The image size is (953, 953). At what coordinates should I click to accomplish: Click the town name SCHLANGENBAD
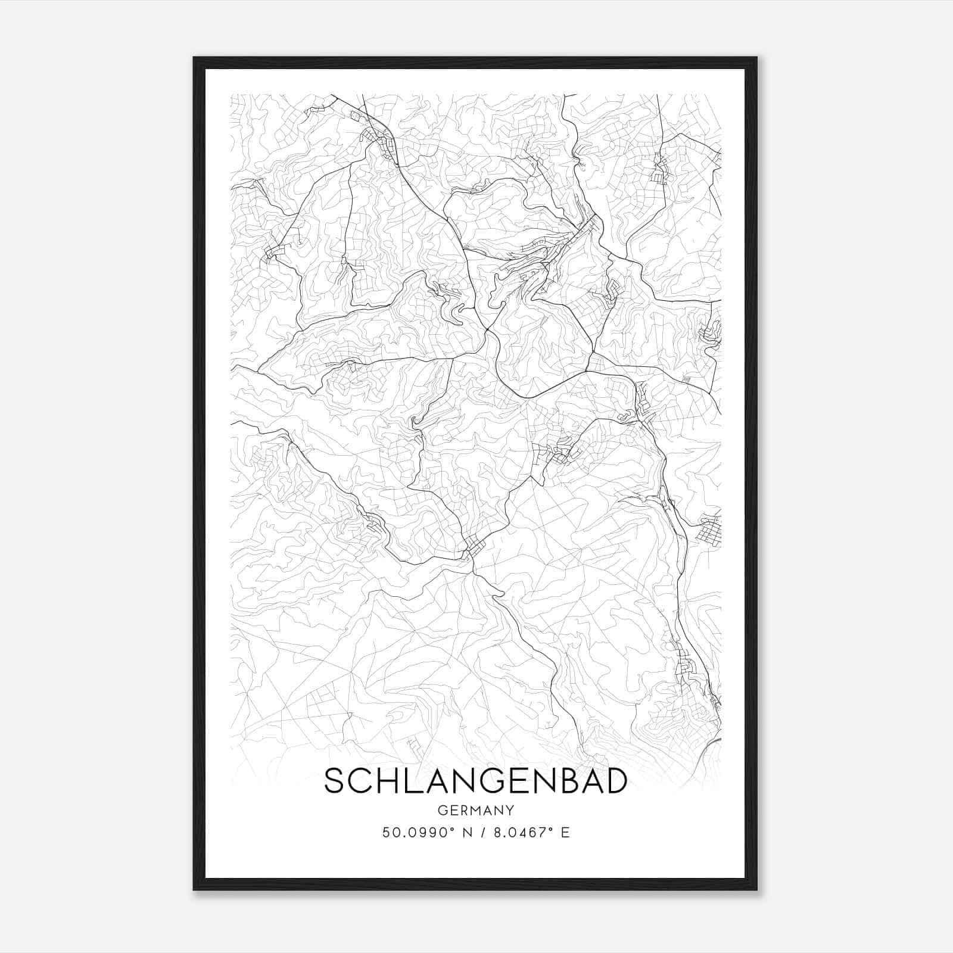tap(475, 781)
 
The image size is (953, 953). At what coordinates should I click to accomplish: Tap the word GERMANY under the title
tap(475, 810)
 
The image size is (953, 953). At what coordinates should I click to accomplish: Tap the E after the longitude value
tap(565, 833)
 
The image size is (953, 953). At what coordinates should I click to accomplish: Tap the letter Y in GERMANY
tap(510, 810)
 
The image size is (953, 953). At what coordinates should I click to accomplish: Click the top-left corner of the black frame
tap(194, 58)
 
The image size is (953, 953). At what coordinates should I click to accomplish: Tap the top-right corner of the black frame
tap(756, 58)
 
